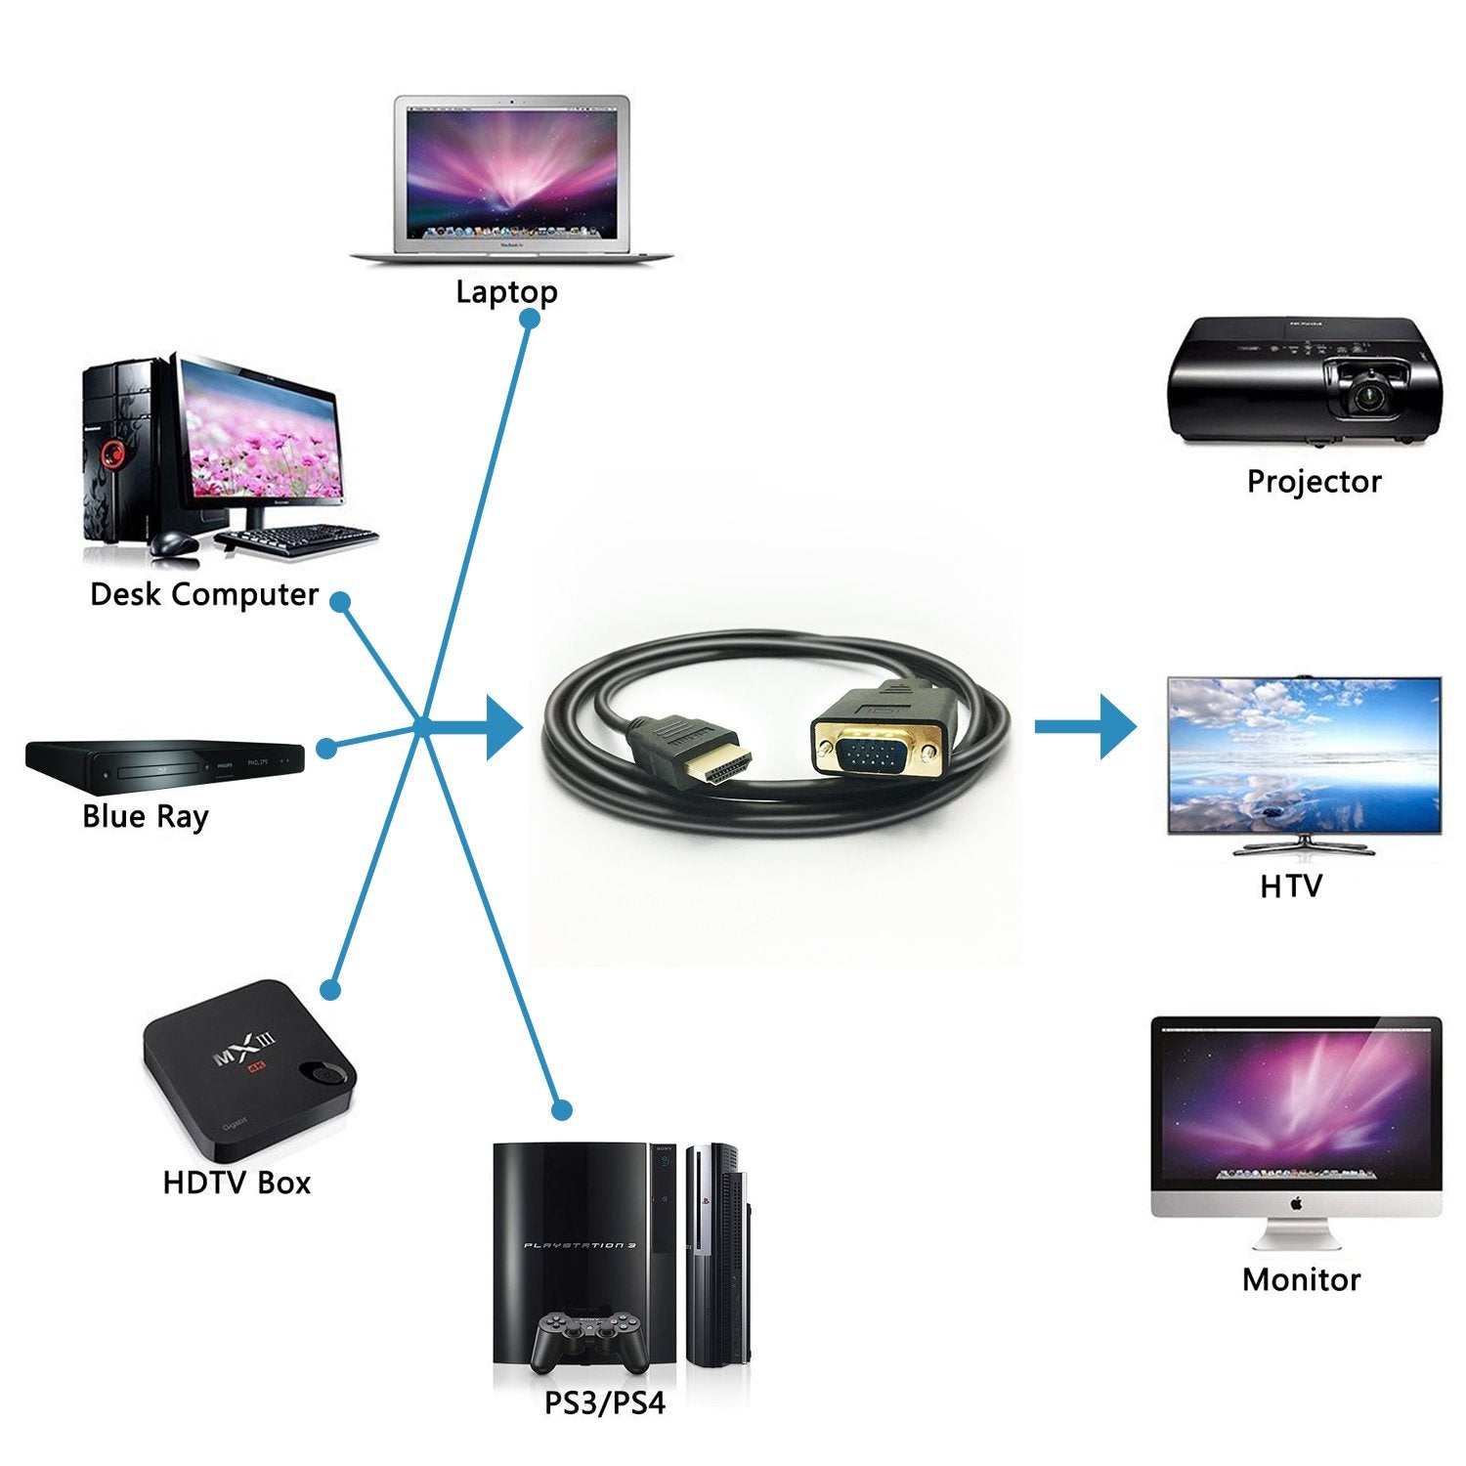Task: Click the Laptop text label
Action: pos(506,291)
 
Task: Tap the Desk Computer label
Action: pos(204,594)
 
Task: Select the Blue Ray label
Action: pos(146,816)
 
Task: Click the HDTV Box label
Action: pos(237,1183)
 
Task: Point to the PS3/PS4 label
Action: pos(604,1403)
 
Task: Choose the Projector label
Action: pos(1314,481)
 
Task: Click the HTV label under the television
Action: pos(1290,886)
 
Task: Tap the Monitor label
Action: pos(1301,1279)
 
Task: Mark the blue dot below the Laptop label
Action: pos(530,320)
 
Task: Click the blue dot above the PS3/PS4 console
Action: pos(561,1110)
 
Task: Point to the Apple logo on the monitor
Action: pos(1296,1203)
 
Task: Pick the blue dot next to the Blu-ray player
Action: pos(326,749)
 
